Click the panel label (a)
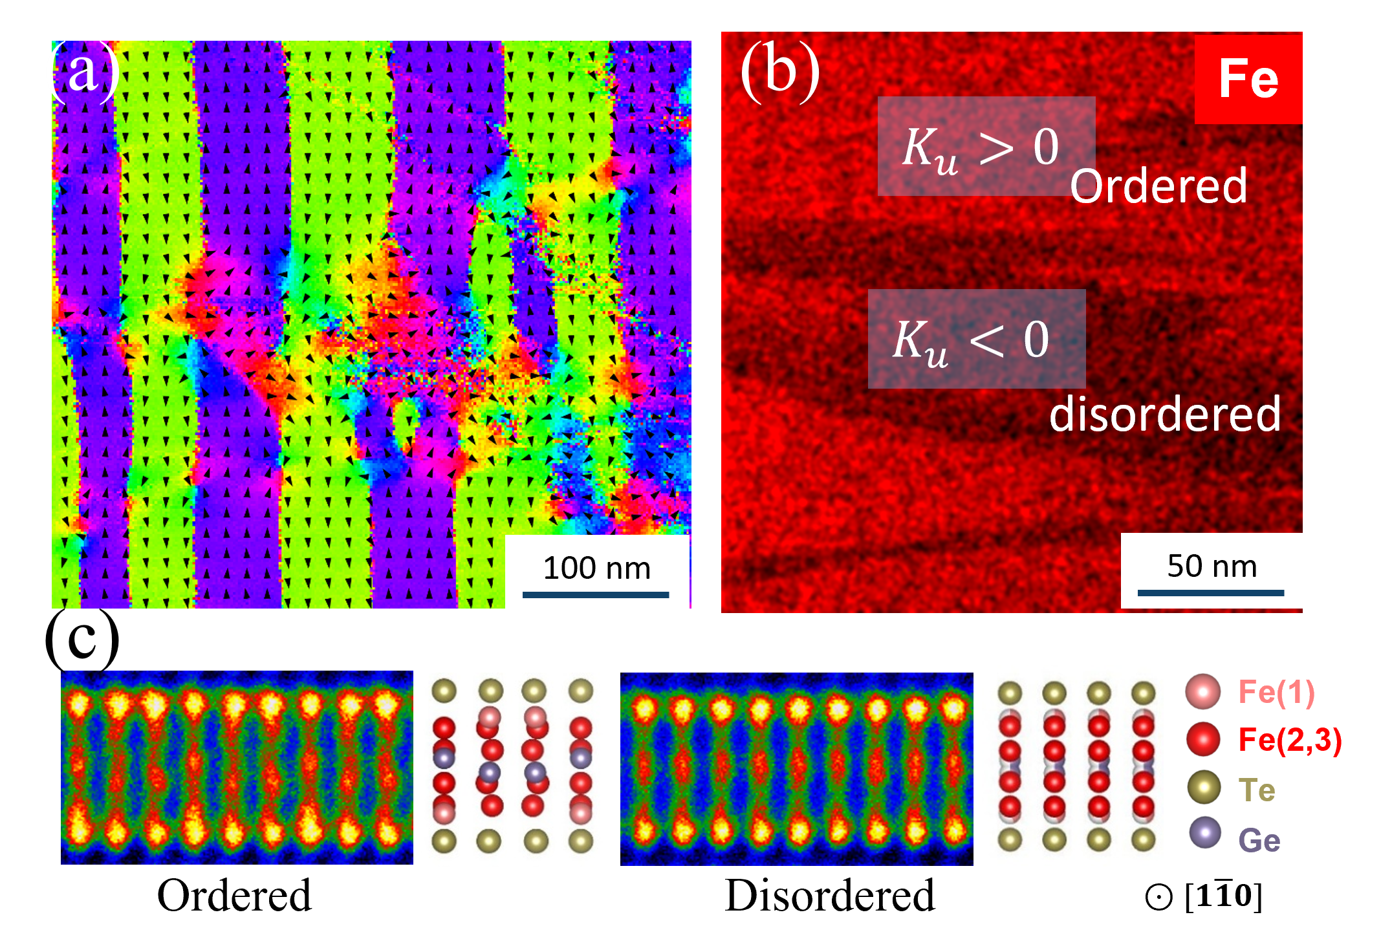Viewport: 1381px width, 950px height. pos(85,71)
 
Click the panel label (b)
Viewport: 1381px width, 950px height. pos(780,71)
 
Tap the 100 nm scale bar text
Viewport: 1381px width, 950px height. pos(596,568)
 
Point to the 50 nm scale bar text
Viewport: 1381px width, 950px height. pos(1212,566)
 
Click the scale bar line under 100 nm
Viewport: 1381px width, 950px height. pos(596,595)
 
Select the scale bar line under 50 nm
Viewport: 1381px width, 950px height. pos(1211,592)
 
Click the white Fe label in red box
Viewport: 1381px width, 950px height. pos(1248,79)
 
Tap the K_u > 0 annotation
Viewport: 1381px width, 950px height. pos(981,149)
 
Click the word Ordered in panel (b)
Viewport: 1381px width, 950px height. pos(1158,186)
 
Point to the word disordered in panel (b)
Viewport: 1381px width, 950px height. pos(1165,414)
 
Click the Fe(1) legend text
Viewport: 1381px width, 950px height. pos(1276,692)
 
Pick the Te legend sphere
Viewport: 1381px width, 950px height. pos(1204,787)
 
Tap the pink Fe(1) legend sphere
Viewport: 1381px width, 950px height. pos(1203,691)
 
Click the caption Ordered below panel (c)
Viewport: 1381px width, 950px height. pos(234,896)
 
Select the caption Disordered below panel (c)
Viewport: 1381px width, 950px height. pos(830,896)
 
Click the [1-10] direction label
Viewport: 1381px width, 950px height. pos(1223,896)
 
